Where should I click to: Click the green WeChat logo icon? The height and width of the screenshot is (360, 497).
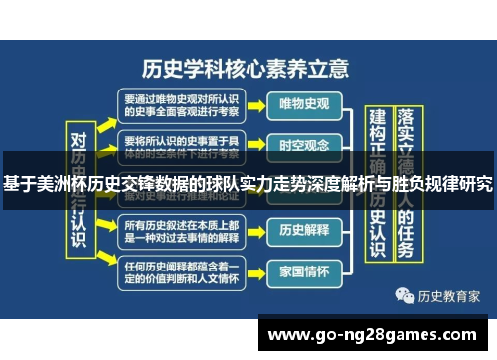(405, 295)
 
